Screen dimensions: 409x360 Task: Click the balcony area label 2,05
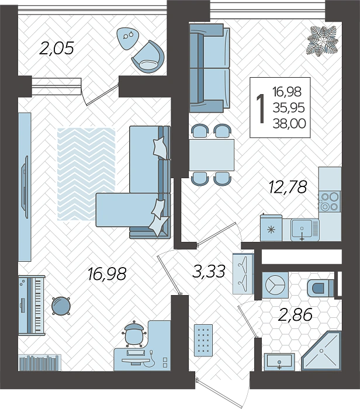[56, 48]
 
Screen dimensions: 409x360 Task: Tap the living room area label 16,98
[106, 273]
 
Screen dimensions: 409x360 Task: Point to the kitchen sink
[302, 229]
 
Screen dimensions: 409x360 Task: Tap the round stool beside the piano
[60, 304]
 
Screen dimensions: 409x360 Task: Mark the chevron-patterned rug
[86, 173]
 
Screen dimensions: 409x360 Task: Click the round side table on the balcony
[127, 36]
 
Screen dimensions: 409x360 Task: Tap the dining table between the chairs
[211, 154]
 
